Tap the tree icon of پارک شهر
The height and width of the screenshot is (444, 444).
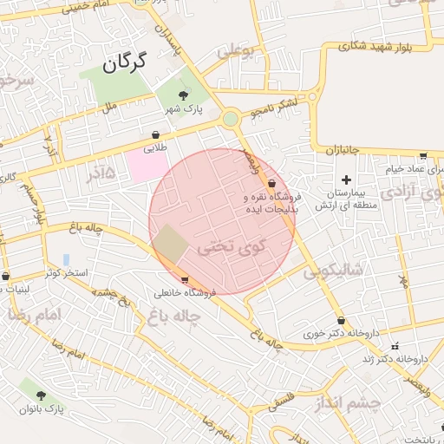pos(183,95)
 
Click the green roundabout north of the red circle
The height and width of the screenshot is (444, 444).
pos(230,119)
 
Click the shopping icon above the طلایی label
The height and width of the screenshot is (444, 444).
pos(155,135)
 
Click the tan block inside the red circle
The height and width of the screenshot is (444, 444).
pos(171,245)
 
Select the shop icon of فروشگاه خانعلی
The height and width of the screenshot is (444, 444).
pos(185,279)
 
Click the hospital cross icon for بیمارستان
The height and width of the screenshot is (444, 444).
pos(347,179)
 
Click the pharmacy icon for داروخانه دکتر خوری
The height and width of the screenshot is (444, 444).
pos(342,322)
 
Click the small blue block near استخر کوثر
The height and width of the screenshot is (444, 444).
pos(67,260)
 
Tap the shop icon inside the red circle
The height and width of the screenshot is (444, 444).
pos(272,184)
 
